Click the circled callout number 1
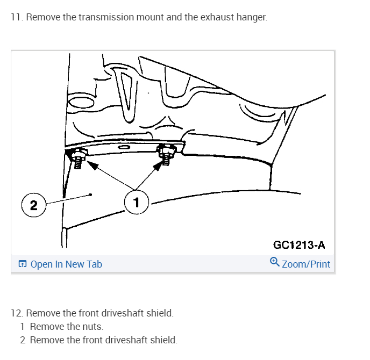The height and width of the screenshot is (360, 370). click(x=136, y=202)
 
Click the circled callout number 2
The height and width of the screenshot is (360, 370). click(x=33, y=205)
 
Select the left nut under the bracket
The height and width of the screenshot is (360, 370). click(x=77, y=158)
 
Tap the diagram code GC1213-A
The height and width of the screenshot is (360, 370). click(x=299, y=245)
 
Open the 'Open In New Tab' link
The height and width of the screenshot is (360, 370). click(x=66, y=264)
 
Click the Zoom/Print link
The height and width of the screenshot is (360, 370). click(x=306, y=264)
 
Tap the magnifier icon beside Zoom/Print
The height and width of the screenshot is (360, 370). click(x=274, y=263)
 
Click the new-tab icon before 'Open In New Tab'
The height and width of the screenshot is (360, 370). click(x=22, y=264)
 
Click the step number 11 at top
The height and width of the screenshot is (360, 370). click(x=16, y=17)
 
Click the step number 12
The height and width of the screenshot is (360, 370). click(x=17, y=313)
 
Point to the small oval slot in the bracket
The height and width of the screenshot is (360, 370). click(x=124, y=147)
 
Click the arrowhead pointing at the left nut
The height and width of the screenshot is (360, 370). click(x=92, y=166)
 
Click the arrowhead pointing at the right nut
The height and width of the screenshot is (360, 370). click(x=158, y=166)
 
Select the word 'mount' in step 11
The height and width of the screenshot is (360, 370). click(x=150, y=17)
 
